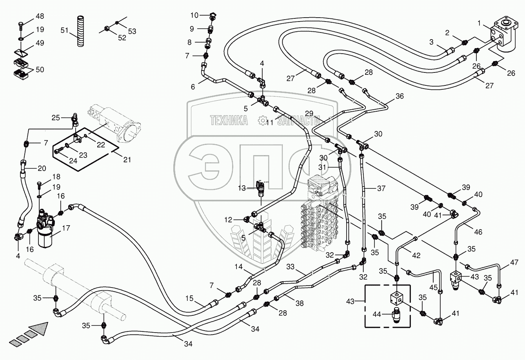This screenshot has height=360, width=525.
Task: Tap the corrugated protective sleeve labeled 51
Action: point(80,31)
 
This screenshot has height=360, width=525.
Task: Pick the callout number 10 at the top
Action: point(195,15)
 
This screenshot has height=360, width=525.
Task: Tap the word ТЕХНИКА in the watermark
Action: point(229,121)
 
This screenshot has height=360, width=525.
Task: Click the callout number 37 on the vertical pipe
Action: point(381,188)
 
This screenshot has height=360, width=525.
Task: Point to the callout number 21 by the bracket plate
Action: point(126,159)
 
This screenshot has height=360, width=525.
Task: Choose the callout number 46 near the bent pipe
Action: point(478,232)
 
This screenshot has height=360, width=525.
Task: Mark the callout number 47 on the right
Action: point(514,262)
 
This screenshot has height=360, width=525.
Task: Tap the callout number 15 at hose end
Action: point(189,298)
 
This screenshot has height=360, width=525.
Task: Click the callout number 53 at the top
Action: point(132,31)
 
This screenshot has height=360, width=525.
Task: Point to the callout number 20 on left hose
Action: point(42,168)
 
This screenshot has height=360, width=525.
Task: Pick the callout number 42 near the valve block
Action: point(416,255)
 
